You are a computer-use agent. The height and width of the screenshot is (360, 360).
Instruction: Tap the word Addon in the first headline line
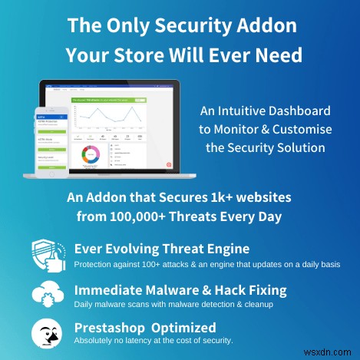(269, 24)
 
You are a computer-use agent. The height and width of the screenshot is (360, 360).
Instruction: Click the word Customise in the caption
(296, 129)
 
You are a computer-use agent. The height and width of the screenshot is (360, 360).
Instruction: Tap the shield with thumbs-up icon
(48, 254)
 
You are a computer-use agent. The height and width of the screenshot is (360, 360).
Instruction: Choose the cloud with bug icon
(48, 294)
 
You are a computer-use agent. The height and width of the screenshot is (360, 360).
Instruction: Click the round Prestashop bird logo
(48, 331)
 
